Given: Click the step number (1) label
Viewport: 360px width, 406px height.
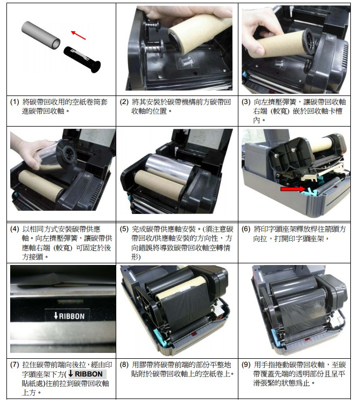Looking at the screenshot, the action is pos(14,102).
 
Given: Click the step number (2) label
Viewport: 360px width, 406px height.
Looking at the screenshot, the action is pos(124,102).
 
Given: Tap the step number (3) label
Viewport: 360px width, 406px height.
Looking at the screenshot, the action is pos(246,102).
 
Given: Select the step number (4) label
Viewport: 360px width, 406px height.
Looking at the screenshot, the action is pos(14,229).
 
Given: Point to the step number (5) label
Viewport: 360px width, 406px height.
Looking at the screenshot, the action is pos(124,229).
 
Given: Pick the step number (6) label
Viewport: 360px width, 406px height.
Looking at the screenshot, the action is pos(246,229).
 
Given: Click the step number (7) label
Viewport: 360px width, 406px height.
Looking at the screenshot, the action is pos(14,365).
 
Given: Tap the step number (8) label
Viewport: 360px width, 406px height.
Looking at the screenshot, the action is pos(124,365).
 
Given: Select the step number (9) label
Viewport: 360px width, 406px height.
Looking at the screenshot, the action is pos(246,365).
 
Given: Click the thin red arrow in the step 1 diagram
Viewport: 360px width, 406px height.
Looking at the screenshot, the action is pos(78,35).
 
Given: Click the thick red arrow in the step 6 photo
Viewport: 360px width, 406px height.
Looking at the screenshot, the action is pos(292,189).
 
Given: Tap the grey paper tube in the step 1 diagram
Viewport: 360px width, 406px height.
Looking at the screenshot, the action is pos(41,35).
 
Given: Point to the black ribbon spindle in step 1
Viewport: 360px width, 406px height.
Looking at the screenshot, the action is pos(82,60).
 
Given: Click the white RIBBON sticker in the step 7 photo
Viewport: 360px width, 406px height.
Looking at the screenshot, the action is pos(67,316).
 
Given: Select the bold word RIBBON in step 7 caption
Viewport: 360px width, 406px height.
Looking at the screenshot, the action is pos(88,374).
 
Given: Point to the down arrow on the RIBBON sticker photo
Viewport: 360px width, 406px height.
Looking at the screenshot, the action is pos(56,316).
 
